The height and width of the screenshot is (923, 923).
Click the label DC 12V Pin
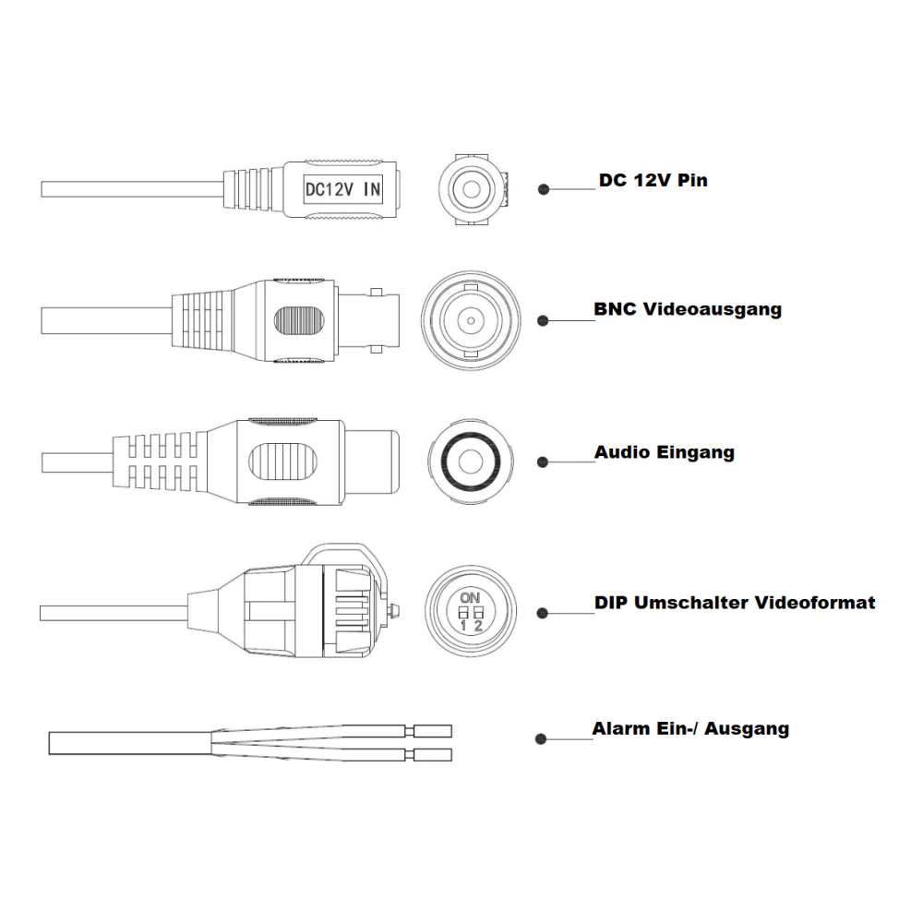tap(653, 180)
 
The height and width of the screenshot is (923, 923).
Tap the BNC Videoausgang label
tap(688, 309)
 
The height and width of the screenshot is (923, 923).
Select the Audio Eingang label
tap(664, 452)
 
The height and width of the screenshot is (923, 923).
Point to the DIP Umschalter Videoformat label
tap(735, 603)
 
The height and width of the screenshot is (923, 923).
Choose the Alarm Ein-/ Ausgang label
tap(690, 729)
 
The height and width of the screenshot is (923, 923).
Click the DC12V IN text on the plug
tap(342, 189)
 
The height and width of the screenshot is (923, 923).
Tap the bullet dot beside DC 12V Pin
tap(544, 189)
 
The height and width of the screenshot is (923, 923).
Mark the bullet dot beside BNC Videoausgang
tap(543, 321)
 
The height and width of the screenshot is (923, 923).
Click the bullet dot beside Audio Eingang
tap(543, 462)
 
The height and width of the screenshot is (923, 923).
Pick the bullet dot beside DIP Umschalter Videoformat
tap(543, 614)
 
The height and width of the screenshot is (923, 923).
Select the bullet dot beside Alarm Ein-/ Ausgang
tap(541, 739)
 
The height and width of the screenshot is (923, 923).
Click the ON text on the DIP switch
tap(471, 598)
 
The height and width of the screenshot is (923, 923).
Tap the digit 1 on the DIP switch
tap(463, 626)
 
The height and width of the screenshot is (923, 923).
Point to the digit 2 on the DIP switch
tap(478, 626)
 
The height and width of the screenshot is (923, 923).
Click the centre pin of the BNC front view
tap(471, 321)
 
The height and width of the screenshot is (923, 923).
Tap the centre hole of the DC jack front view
tap(471, 189)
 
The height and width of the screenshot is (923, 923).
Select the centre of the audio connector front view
tap(471, 462)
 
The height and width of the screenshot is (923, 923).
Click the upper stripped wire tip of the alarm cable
tap(433, 731)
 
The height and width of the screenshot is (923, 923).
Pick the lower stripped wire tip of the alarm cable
tap(433, 755)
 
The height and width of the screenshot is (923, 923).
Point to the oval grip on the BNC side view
tap(299, 321)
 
